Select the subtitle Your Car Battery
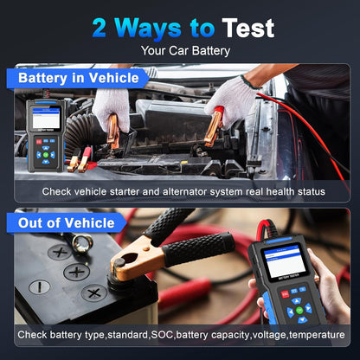[180, 50]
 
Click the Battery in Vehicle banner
[79, 79]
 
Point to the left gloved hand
[112, 108]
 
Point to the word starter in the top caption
[159, 191]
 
